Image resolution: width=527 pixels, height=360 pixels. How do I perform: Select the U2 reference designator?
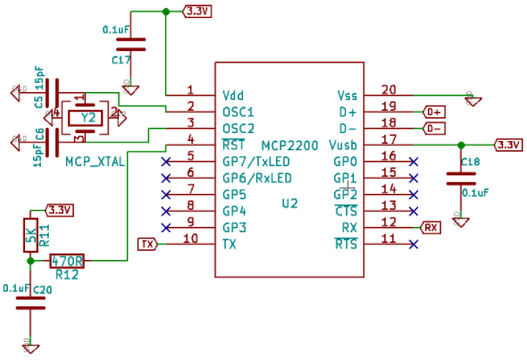click(289, 204)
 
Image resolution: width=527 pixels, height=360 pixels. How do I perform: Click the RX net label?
click(431, 227)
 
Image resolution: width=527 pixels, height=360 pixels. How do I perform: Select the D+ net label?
click(434, 112)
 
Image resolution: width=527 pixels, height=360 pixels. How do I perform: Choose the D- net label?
click(434, 128)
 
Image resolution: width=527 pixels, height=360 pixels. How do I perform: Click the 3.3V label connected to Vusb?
click(508, 145)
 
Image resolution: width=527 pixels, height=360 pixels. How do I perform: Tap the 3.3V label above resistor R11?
click(60, 210)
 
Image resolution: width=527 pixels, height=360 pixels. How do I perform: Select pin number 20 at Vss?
click(389, 89)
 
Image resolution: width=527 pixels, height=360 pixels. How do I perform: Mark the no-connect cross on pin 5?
click(165, 162)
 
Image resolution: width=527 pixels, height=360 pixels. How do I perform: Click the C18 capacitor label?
click(470, 162)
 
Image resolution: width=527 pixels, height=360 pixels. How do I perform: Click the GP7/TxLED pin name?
click(255, 162)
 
